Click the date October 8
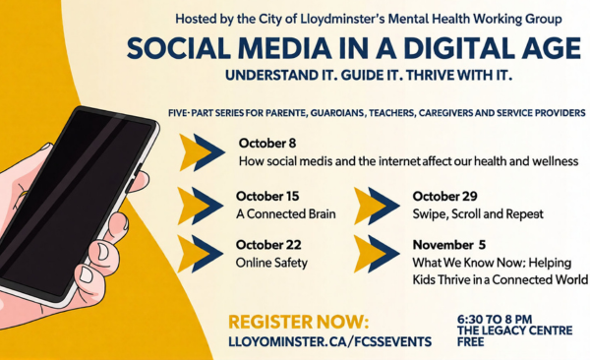point(267,144)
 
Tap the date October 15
point(267,196)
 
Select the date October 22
point(268,245)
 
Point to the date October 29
point(444,196)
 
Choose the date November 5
point(449,245)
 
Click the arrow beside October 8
point(202,152)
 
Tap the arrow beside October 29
point(377,206)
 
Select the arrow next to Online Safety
point(201,254)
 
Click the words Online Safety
point(271,263)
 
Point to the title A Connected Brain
point(286,214)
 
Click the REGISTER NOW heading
point(298,323)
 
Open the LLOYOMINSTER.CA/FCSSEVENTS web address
point(330,342)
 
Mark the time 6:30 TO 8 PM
point(495,320)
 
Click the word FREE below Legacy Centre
point(471,342)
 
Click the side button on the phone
point(137,170)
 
